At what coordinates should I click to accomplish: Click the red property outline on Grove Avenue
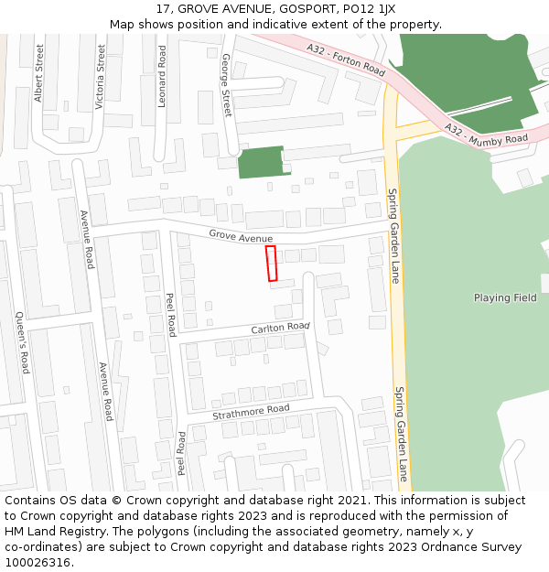(271, 264)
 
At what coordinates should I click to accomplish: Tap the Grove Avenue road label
(241, 236)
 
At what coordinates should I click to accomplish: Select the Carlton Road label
(281, 328)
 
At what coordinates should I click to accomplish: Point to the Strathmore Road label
(251, 413)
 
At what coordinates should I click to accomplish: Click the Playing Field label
(505, 297)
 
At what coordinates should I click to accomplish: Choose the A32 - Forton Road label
(346, 59)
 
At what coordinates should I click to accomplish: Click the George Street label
(227, 84)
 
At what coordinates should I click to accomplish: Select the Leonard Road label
(163, 77)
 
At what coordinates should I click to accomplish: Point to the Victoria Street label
(101, 78)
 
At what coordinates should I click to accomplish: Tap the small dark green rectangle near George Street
(262, 162)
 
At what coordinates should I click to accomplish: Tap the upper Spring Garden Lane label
(393, 236)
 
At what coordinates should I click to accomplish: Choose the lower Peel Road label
(182, 453)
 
